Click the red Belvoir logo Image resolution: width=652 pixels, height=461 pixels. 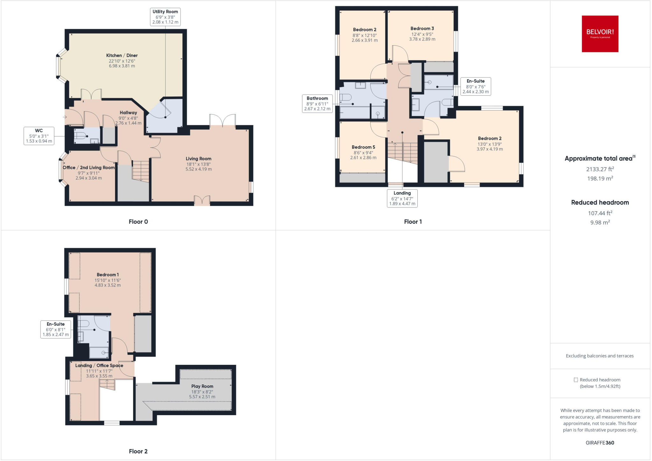pyautogui.click(x=600, y=34)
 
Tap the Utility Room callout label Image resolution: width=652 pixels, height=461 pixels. pyautogui.click(x=165, y=17)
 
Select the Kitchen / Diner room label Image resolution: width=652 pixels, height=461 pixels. pyautogui.click(x=122, y=61)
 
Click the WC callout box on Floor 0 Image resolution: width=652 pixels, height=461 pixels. pyautogui.click(x=39, y=136)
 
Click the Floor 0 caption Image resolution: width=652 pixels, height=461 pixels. pyautogui.click(x=138, y=222)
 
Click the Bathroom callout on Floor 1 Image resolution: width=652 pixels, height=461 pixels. pyautogui.click(x=317, y=104)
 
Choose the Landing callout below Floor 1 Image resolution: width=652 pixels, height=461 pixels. pyautogui.click(x=402, y=198)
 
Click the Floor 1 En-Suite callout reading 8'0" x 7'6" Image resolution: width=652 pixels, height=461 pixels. pyautogui.click(x=475, y=86)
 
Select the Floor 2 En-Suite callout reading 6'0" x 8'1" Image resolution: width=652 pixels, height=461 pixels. pyautogui.click(x=56, y=329)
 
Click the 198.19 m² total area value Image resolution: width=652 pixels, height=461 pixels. pyautogui.click(x=600, y=178)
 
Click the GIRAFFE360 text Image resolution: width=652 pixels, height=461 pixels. pyautogui.click(x=600, y=443)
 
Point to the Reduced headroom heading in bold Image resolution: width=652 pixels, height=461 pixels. pyautogui.click(x=600, y=203)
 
